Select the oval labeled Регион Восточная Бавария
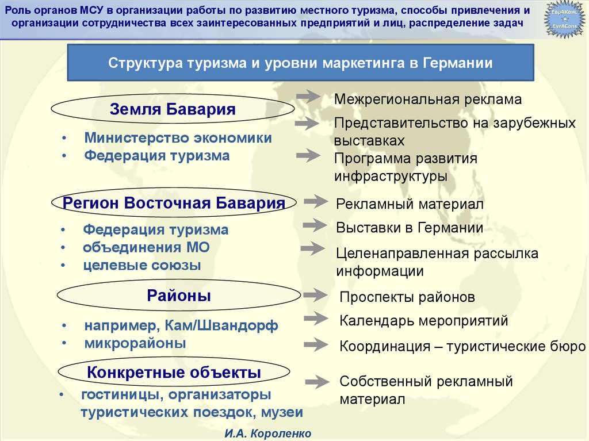pyautogui.click(x=174, y=203)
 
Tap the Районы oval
pyautogui.click(x=179, y=296)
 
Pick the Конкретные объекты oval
pyautogui.click(x=174, y=373)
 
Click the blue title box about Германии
pyautogui.click(x=300, y=63)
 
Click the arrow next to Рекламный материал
pyautogui.click(x=315, y=201)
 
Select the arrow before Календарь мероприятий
pyautogui.click(x=315, y=317)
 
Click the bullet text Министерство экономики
pyautogui.click(x=178, y=138)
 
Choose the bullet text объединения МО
pyautogui.click(x=146, y=247)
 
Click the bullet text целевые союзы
pyautogui.click(x=142, y=265)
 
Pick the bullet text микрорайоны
pyautogui.click(x=135, y=343)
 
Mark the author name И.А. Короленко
pyautogui.click(x=269, y=432)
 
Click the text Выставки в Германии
pyautogui.click(x=409, y=228)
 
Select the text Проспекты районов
pyautogui.click(x=407, y=297)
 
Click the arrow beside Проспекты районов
pyautogui.click(x=315, y=295)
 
